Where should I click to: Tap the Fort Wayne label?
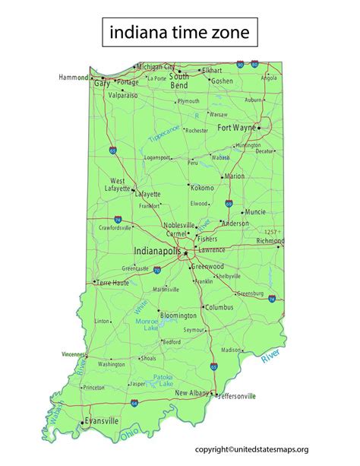click(x=237, y=127)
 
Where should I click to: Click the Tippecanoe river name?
click(x=165, y=135)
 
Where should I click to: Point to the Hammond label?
click(x=74, y=78)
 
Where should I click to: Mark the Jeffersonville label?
click(x=238, y=396)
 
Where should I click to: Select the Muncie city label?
click(x=256, y=211)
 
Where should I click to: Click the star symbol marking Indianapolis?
click(x=185, y=252)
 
